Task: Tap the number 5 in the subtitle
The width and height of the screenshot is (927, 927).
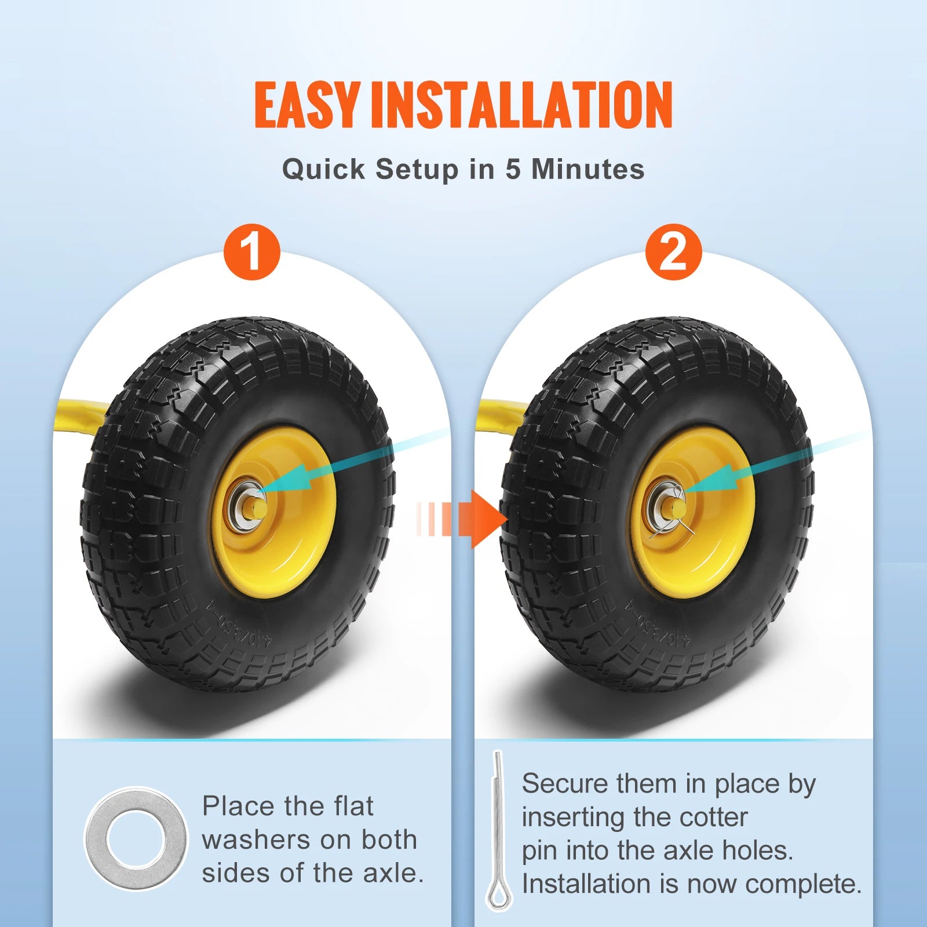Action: pyautogui.click(x=512, y=169)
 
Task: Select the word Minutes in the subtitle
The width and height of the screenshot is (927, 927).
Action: pyautogui.click(x=587, y=169)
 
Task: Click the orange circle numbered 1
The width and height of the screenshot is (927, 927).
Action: pyautogui.click(x=252, y=252)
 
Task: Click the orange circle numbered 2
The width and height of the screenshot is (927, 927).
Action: pyautogui.click(x=673, y=252)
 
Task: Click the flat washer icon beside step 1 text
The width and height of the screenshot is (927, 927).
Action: pyautogui.click(x=136, y=838)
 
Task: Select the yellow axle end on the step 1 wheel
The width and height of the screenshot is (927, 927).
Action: pyautogui.click(x=258, y=509)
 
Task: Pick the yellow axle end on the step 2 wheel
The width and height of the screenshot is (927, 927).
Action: pyautogui.click(x=677, y=509)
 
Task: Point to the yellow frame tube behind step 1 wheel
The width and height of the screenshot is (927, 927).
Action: pyautogui.click(x=81, y=414)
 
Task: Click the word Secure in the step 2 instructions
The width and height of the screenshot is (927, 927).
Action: pyautogui.click(x=556, y=784)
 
